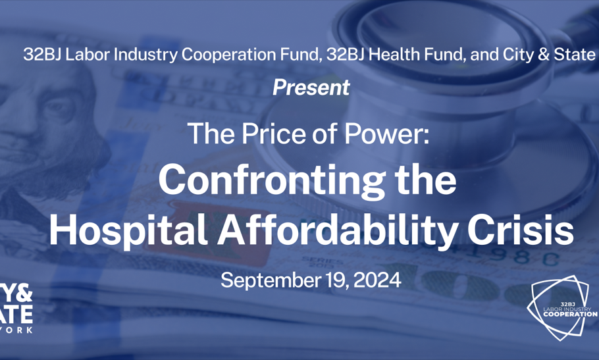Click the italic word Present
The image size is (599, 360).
311,88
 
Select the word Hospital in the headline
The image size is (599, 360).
128,230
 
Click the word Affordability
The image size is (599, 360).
338,230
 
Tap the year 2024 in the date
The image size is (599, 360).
377,280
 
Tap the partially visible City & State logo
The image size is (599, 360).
16,308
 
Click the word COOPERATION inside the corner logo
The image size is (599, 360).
570,314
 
